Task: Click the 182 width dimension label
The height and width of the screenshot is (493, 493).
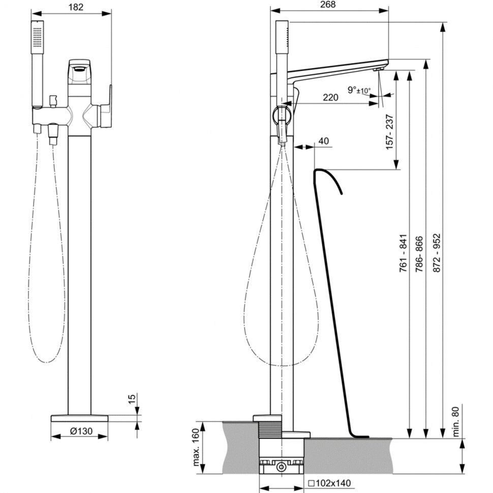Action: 76,7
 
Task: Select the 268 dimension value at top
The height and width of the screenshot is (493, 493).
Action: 328,5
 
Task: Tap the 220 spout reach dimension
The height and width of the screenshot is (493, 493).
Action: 330,98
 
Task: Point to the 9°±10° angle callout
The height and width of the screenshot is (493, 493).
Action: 359,90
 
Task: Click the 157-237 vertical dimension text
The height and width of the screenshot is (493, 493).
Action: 389,132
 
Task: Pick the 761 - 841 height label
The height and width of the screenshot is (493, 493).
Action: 404,253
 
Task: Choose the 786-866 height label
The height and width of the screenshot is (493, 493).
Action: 420,254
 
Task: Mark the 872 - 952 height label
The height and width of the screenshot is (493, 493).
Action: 437,253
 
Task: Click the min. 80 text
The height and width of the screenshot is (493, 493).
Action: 456,422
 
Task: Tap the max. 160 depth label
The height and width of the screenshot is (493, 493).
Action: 196,447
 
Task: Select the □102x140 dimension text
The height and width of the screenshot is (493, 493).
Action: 329,483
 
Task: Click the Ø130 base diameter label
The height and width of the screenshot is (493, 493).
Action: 81,431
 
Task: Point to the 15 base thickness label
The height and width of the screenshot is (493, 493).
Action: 132,397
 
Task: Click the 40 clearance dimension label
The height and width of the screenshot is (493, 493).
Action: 324,141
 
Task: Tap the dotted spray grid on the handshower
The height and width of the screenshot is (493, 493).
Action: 37,38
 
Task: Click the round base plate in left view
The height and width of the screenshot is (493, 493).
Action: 80,418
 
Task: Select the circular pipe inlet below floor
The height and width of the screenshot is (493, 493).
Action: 282,467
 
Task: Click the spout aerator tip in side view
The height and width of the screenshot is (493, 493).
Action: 379,69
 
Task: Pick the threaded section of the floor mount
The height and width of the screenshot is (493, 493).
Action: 270,429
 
